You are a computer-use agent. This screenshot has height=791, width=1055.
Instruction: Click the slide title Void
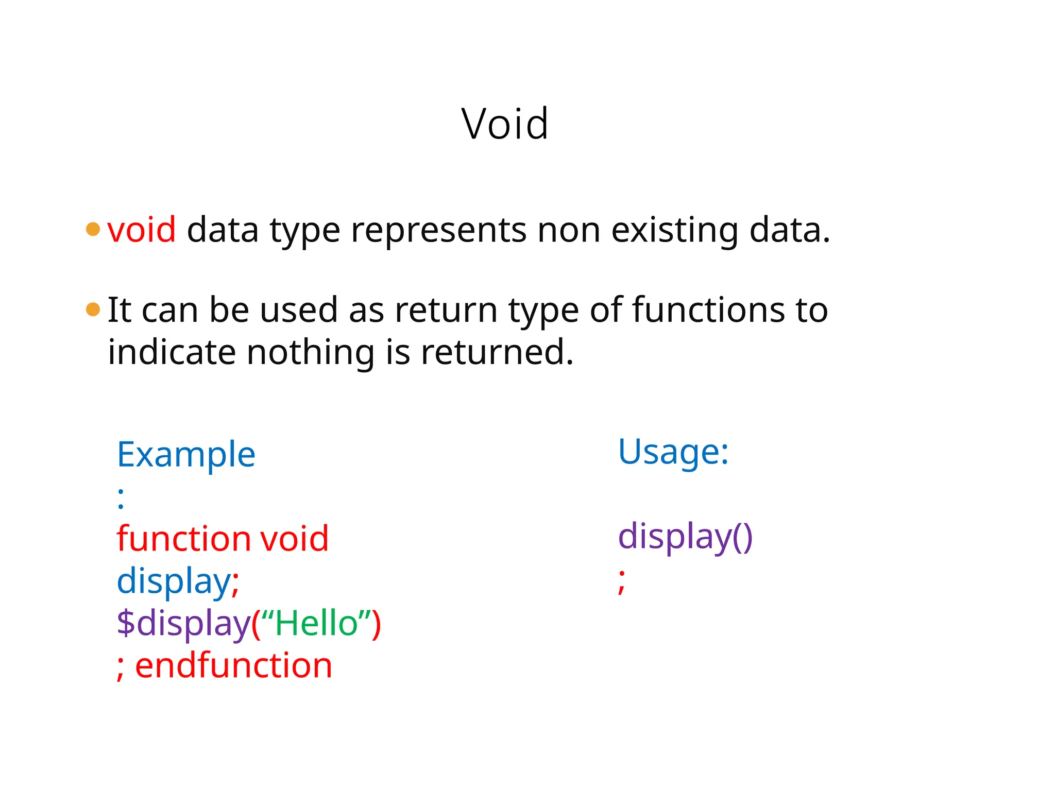(505, 124)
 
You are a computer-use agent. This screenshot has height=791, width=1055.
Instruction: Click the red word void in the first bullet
(142, 230)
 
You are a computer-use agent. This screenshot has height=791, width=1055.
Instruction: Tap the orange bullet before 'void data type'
(93, 229)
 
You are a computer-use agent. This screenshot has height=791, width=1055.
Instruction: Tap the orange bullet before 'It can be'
(93, 309)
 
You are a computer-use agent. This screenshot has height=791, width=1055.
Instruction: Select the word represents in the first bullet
(438, 230)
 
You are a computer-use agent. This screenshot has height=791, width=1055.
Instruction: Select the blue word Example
(186, 455)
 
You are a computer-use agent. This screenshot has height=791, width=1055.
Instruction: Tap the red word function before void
(183, 539)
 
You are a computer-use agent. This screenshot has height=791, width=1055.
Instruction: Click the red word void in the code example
(294, 539)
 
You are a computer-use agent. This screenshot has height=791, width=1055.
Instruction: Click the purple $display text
(183, 623)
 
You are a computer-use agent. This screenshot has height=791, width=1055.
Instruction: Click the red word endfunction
(233, 665)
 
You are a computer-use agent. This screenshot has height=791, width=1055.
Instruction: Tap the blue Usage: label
(673, 452)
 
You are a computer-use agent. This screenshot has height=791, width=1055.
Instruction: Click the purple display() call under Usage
(685, 537)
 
